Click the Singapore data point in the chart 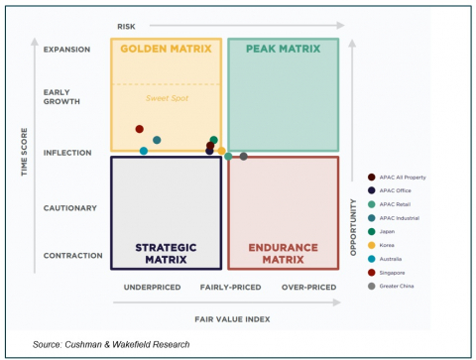tap(140, 129)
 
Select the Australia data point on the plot tap(144, 151)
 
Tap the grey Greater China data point tap(244, 156)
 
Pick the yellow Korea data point tap(221, 151)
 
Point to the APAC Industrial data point tap(157, 140)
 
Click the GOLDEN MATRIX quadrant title tap(166, 49)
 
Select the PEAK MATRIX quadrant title tap(283, 49)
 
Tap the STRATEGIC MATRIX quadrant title tap(166, 253)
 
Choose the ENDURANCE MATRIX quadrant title tap(283, 253)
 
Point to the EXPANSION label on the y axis tap(66, 49)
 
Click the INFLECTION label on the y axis tap(66, 153)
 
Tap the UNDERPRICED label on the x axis tap(151, 288)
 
